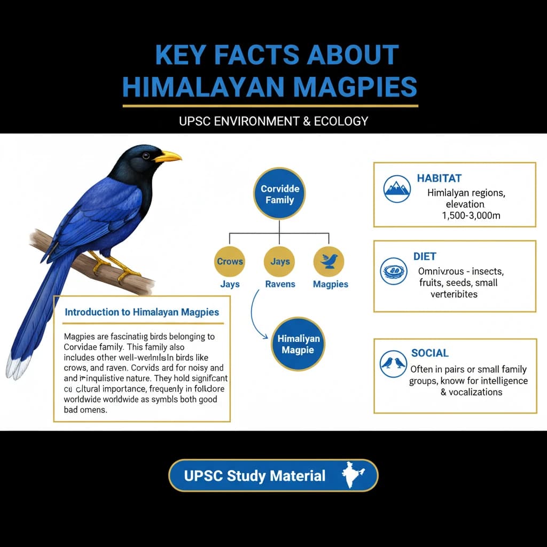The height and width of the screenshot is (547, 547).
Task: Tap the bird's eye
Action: tap(145, 155)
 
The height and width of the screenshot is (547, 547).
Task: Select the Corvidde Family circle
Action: tap(280, 194)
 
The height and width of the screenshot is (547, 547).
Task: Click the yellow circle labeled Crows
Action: tap(230, 261)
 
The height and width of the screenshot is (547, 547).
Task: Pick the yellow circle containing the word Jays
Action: tap(280, 261)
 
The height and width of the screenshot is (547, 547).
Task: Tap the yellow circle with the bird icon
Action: tap(329, 261)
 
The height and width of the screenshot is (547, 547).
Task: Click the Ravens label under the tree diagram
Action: tap(280, 284)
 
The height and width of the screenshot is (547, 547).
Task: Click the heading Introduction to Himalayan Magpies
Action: tap(142, 312)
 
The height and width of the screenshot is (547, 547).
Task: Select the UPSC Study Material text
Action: tap(254, 475)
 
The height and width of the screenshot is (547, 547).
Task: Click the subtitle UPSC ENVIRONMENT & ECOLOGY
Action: tap(273, 121)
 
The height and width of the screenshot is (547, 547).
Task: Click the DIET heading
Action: tap(425, 256)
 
